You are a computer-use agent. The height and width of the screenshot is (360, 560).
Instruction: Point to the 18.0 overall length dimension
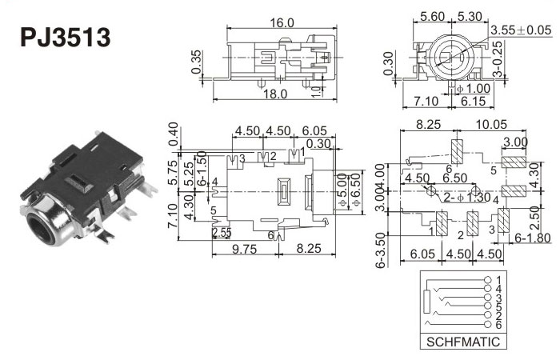click(x=275, y=94)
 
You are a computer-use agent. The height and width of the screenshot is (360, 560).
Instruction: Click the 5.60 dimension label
click(x=433, y=15)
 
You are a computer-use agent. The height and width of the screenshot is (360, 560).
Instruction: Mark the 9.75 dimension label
click(x=243, y=249)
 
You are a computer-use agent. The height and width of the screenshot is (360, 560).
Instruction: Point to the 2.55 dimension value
click(x=222, y=233)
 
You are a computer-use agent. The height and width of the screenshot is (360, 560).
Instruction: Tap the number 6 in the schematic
click(x=498, y=326)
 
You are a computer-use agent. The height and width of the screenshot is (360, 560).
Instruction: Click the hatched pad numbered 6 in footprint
click(x=458, y=150)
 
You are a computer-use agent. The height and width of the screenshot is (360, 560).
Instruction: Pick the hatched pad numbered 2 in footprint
click(x=472, y=222)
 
